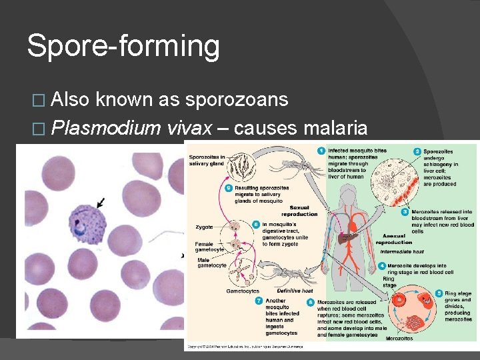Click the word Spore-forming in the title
click(x=123, y=47)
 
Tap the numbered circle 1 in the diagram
click(x=321, y=151)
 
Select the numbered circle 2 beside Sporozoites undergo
click(x=417, y=151)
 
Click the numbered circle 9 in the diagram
click(x=228, y=188)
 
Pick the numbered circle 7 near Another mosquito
click(x=259, y=301)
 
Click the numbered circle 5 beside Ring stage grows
click(x=438, y=293)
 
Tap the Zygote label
click(x=204, y=227)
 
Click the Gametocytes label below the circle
click(x=243, y=291)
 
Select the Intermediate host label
click(x=401, y=251)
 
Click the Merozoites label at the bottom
click(x=399, y=338)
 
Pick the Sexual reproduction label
click(x=299, y=211)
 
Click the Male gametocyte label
click(x=211, y=262)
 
